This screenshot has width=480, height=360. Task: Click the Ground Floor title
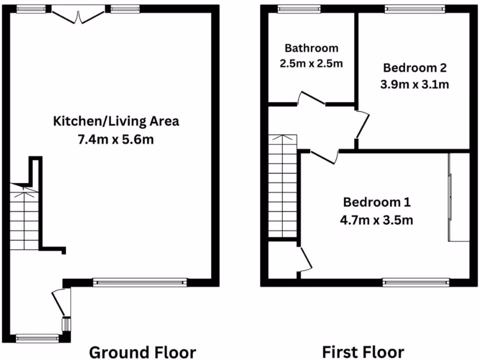[x=142, y=352]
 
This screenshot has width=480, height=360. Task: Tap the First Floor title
[x=363, y=352]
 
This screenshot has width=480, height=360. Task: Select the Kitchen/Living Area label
[x=116, y=121]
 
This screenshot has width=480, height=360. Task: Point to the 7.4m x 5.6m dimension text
[x=116, y=139]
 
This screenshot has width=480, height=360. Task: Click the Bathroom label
[x=311, y=48]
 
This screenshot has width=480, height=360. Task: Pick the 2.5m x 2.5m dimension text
[x=311, y=63]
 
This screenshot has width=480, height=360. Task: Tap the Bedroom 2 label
[x=414, y=68]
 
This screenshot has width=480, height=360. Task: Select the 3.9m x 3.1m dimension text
[x=414, y=85]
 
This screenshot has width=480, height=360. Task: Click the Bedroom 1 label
[x=377, y=202]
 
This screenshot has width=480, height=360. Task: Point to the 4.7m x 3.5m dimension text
[x=377, y=219]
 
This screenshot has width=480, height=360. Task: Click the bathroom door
[x=311, y=99]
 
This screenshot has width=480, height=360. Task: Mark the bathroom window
[x=299, y=8]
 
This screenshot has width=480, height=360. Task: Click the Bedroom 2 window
[x=415, y=8]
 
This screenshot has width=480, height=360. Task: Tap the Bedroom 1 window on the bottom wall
[x=416, y=282]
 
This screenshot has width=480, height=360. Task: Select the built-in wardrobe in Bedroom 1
[x=459, y=197]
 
